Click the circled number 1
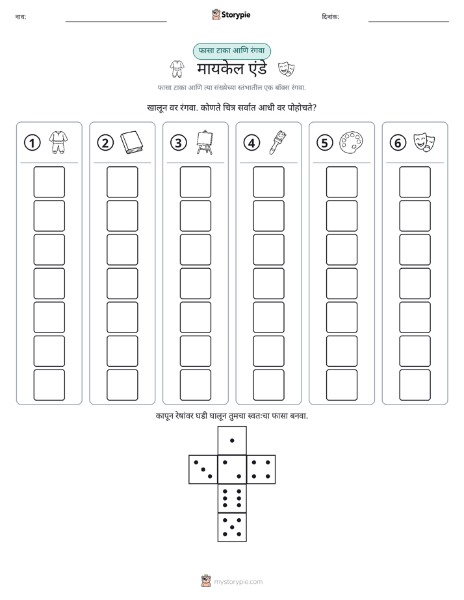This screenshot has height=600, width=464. coord(32,143)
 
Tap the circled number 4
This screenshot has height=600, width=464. coord(251,143)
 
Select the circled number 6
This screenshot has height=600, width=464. coord(398,143)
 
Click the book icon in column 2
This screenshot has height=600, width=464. coord(132,143)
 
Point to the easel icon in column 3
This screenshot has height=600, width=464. coord(205,142)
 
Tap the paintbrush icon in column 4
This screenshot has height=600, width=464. coord(278,142)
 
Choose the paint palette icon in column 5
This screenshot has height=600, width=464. coord(351,143)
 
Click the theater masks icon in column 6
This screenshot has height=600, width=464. coord(424,143)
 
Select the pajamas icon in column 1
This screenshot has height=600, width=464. coord(58,142)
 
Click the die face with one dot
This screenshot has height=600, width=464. coord(232,440)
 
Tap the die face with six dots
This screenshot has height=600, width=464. coord(232,498)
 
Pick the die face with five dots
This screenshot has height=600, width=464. coord(232,527)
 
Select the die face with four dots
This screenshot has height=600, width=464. coord(261,469)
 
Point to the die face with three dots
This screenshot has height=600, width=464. coord(203,469)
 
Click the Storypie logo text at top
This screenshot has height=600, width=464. coord(236,15)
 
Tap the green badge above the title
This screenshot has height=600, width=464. coord(231,51)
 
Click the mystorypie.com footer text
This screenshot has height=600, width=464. coord(238,582)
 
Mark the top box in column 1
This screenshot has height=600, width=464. coord(49,182)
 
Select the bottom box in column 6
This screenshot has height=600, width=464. coord(415,385)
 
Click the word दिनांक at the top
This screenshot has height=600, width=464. coord(330,17)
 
